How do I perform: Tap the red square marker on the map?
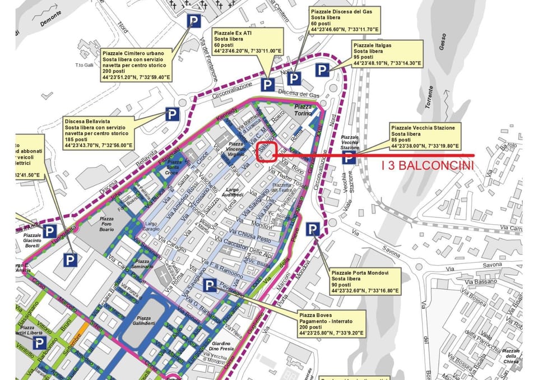(x=267, y=151)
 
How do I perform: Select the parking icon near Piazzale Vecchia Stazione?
(x=349, y=158)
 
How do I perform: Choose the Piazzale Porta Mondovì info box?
(x=365, y=281)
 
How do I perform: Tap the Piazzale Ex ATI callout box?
(x=248, y=43)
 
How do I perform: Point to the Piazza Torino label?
(x=303, y=110)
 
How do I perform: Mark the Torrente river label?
(x=429, y=96)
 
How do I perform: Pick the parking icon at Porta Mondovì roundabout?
(x=313, y=229)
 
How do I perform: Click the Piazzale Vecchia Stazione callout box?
(x=425, y=136)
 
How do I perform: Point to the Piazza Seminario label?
(x=143, y=264)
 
